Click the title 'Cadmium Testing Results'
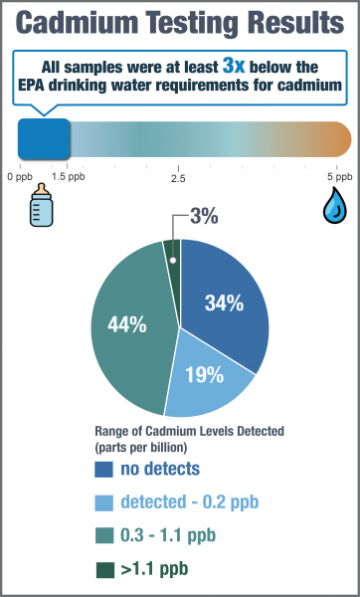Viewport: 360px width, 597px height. click(180, 24)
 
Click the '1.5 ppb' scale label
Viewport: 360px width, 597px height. click(67, 175)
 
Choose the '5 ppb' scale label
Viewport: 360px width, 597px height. click(339, 175)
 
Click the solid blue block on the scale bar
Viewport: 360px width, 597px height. click(44, 138)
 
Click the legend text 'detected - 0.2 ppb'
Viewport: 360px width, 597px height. click(190, 502)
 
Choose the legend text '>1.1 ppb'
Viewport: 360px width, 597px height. click(154, 570)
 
